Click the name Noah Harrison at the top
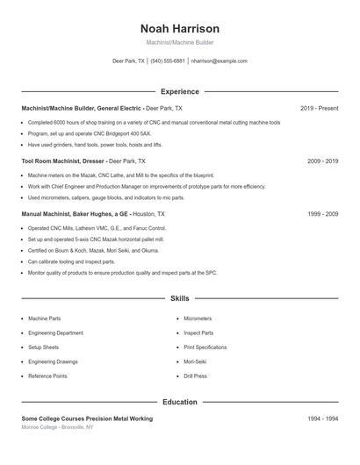(179, 28)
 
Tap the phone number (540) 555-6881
(168, 61)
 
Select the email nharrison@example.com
(219, 61)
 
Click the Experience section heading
(179, 91)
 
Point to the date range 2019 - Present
(319, 108)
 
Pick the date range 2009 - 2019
(322, 161)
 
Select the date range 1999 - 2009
(322, 214)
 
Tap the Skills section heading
(179, 299)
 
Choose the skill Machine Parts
(44, 318)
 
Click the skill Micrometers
(198, 318)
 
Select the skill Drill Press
(195, 376)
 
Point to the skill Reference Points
(47, 376)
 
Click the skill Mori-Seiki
(196, 361)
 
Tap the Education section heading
(179, 402)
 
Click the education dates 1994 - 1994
(322, 418)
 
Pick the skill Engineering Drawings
(53, 361)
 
